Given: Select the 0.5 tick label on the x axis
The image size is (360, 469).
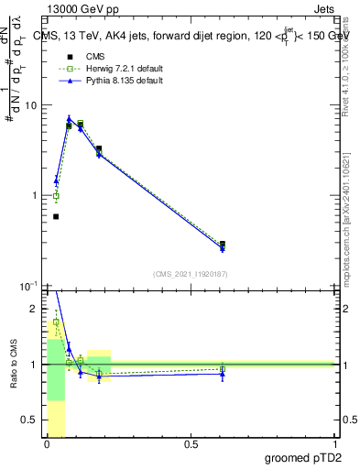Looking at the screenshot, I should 191,444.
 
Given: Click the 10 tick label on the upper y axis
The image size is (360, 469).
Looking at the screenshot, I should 31,105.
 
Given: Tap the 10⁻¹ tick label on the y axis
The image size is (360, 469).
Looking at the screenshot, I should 29,286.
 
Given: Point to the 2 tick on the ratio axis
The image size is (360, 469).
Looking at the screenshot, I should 35,309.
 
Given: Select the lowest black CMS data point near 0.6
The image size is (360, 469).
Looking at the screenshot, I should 56,217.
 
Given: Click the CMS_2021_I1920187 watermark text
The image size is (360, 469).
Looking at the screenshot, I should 191,274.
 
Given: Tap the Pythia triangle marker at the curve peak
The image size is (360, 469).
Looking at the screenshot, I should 69,118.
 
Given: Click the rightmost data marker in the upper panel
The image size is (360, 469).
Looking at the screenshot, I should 223,245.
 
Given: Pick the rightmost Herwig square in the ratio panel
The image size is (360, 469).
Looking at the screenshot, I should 223,369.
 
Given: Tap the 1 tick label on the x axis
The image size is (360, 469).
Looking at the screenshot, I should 334,444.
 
